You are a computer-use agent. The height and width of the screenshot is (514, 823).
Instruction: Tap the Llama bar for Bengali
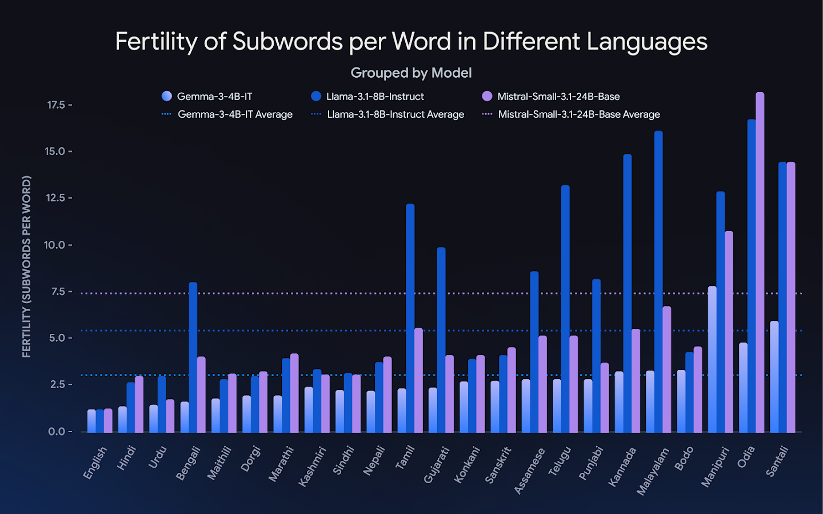[193, 357]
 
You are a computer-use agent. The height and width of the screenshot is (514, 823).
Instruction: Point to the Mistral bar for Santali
[791, 297]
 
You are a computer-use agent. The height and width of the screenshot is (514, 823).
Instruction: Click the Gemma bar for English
[91, 421]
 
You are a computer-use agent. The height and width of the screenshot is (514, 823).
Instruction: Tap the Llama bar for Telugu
[565, 309]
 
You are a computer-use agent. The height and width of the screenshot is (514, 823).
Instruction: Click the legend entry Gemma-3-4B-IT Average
[235, 114]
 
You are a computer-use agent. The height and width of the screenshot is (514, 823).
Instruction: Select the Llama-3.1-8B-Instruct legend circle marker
[316, 96]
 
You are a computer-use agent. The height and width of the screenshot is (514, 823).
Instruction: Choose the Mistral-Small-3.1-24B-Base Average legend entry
[578, 114]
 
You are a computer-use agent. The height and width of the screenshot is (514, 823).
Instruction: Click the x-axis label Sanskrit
[497, 465]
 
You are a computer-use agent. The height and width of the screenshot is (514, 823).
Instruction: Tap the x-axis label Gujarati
[436, 465]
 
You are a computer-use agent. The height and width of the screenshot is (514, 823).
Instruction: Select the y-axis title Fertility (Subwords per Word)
[26, 266]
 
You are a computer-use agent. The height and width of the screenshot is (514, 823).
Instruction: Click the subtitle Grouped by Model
[411, 73]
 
